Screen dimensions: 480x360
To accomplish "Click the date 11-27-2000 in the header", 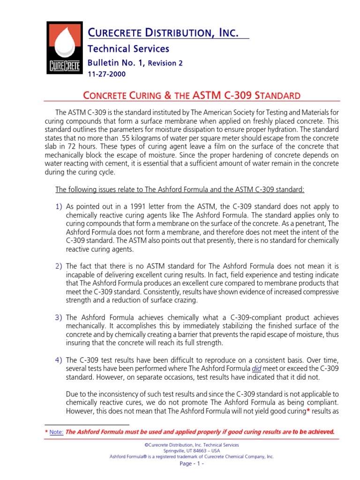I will pos(107,74).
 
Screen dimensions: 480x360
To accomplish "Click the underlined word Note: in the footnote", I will pos(56,432).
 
